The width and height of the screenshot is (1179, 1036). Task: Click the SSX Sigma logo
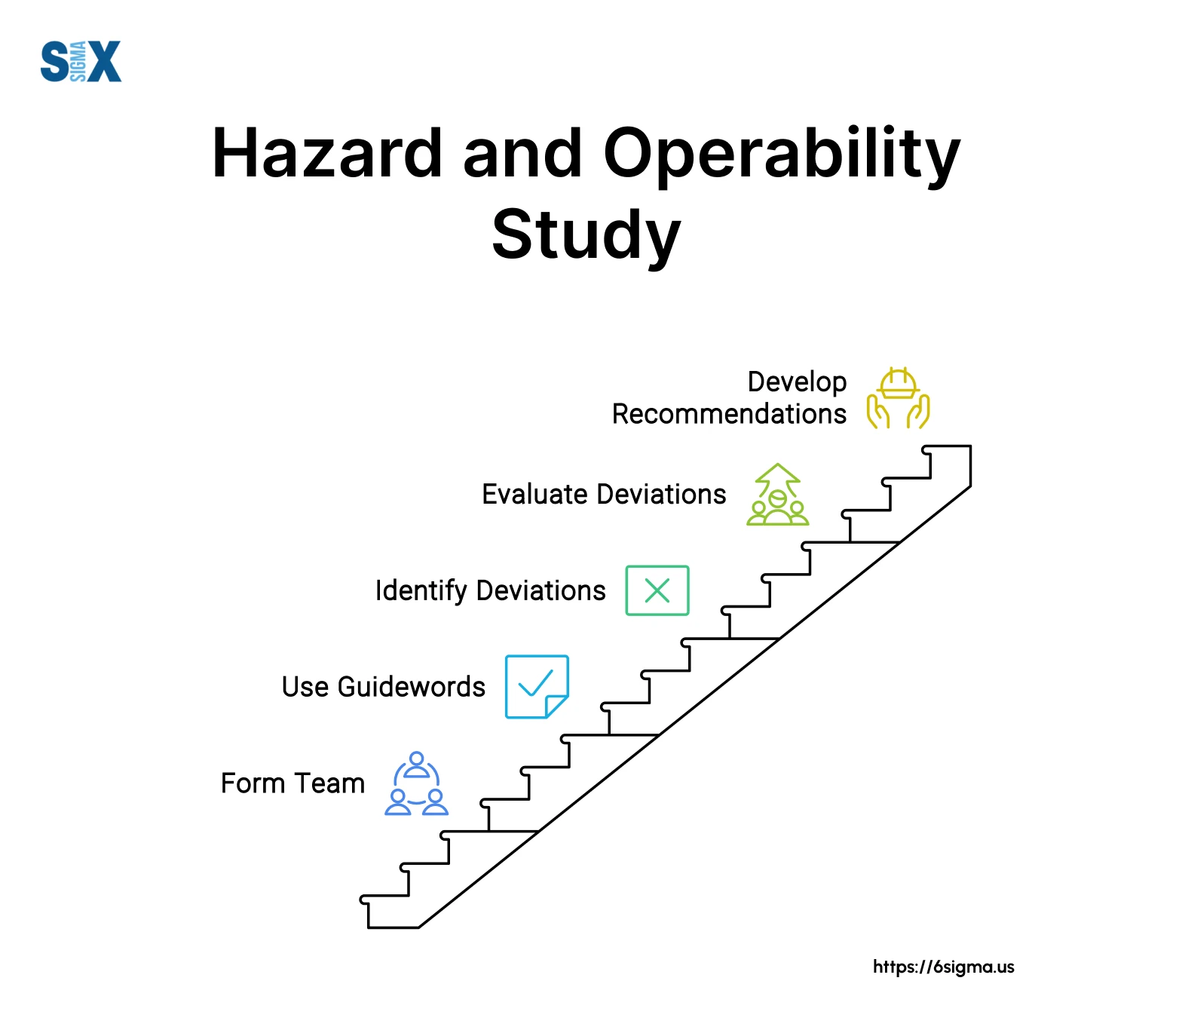81,61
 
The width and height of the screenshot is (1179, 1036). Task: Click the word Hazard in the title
326,154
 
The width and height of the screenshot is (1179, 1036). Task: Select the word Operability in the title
781,155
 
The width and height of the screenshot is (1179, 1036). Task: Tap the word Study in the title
586,235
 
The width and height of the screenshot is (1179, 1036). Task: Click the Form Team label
292,783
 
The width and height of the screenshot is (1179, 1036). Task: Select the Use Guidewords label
383,687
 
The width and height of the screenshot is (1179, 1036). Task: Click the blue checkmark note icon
536,686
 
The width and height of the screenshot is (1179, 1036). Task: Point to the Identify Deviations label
490,590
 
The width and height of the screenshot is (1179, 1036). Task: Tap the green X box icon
657,590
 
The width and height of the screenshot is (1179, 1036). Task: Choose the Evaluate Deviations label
604,494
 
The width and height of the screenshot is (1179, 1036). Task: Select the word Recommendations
729,414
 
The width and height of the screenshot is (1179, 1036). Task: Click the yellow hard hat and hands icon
898,398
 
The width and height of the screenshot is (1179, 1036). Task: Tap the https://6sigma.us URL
943,967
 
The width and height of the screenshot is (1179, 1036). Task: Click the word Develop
797,382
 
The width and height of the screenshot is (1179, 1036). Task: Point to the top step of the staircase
947,447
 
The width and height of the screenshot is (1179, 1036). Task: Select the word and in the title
522,154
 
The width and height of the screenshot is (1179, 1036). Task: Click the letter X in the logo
105,61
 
